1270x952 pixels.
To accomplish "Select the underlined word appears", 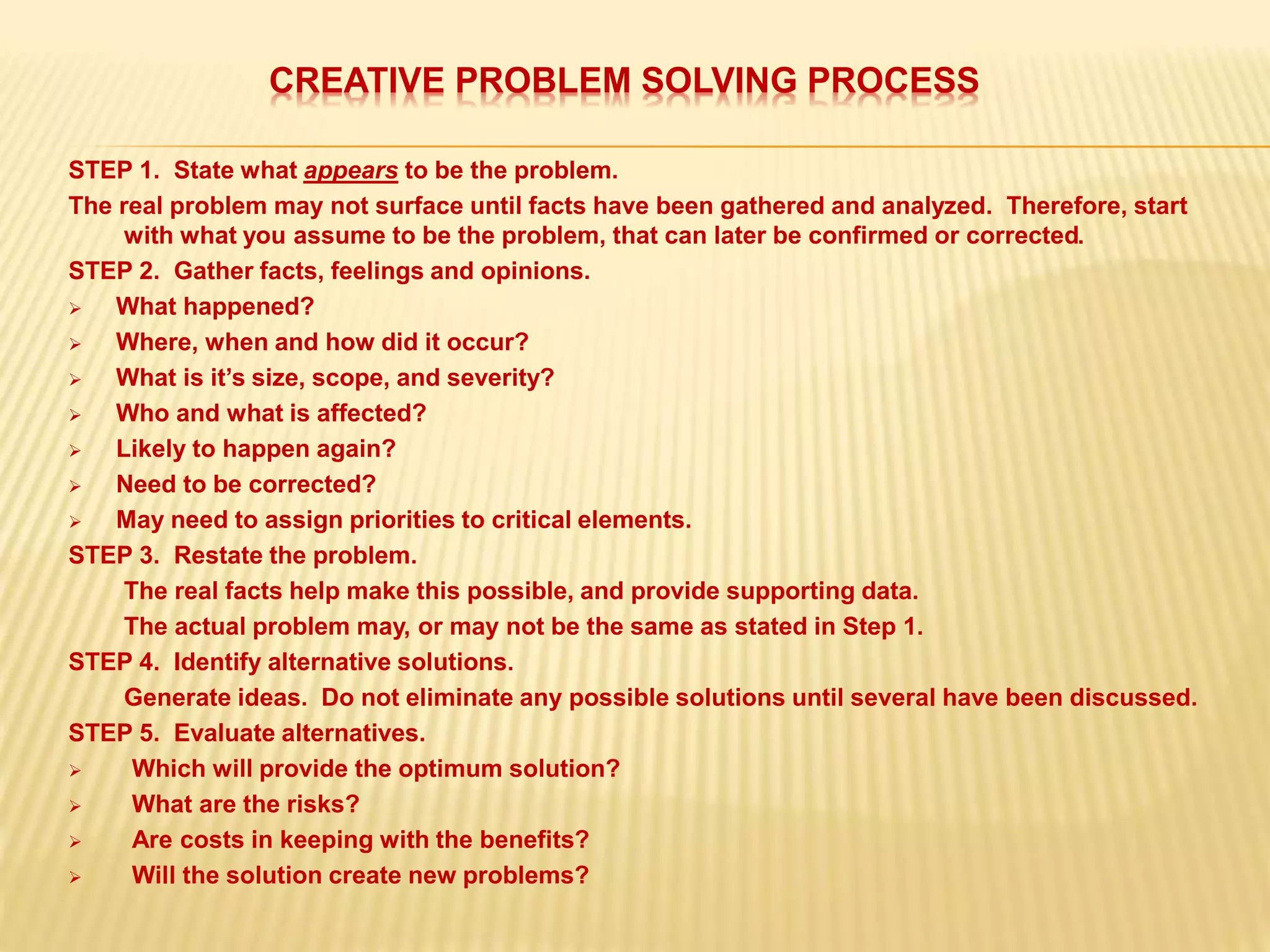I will pyautogui.click(x=350, y=170).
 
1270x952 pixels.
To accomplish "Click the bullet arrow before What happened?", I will pyautogui.click(x=75, y=308).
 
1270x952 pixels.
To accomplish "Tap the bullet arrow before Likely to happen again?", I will pyautogui.click(x=75, y=450).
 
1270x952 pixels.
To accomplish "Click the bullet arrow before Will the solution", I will pyautogui.click(x=75, y=876).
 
